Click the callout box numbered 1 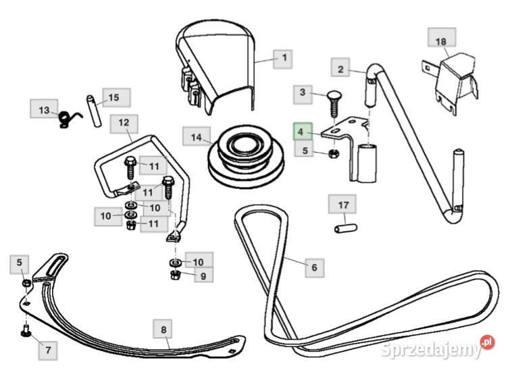pyautogui.click(x=284, y=59)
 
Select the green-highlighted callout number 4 pyautogui.click(x=302, y=131)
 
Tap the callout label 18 pyautogui.click(x=440, y=41)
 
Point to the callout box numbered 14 pyautogui.click(x=196, y=138)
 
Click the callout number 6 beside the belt pyautogui.click(x=313, y=267)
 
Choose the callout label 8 pyautogui.click(x=163, y=330)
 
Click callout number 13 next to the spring pyautogui.click(x=44, y=110)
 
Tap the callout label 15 pyautogui.click(x=113, y=98)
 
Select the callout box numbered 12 pyautogui.click(x=124, y=124)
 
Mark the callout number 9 pyautogui.click(x=202, y=275)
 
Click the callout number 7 pyautogui.click(x=48, y=350)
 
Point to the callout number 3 pyautogui.click(x=302, y=92)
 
